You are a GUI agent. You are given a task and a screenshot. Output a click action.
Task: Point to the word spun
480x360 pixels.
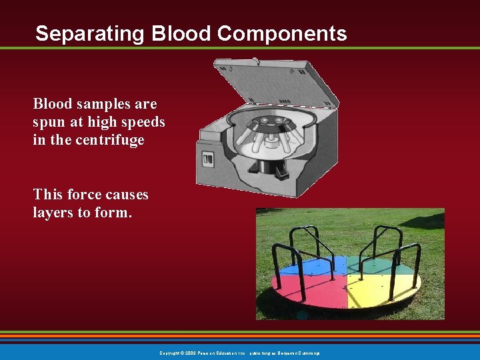(47, 123)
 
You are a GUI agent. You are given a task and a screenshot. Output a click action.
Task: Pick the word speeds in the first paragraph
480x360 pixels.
(145, 123)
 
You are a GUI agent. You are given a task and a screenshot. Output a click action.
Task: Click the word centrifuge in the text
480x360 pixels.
(109, 141)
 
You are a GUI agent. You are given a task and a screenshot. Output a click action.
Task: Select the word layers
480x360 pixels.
(52, 213)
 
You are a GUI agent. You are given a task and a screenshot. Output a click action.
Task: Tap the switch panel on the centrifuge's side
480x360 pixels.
(208, 160)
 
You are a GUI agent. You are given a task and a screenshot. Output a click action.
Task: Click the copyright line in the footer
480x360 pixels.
(240, 353)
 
